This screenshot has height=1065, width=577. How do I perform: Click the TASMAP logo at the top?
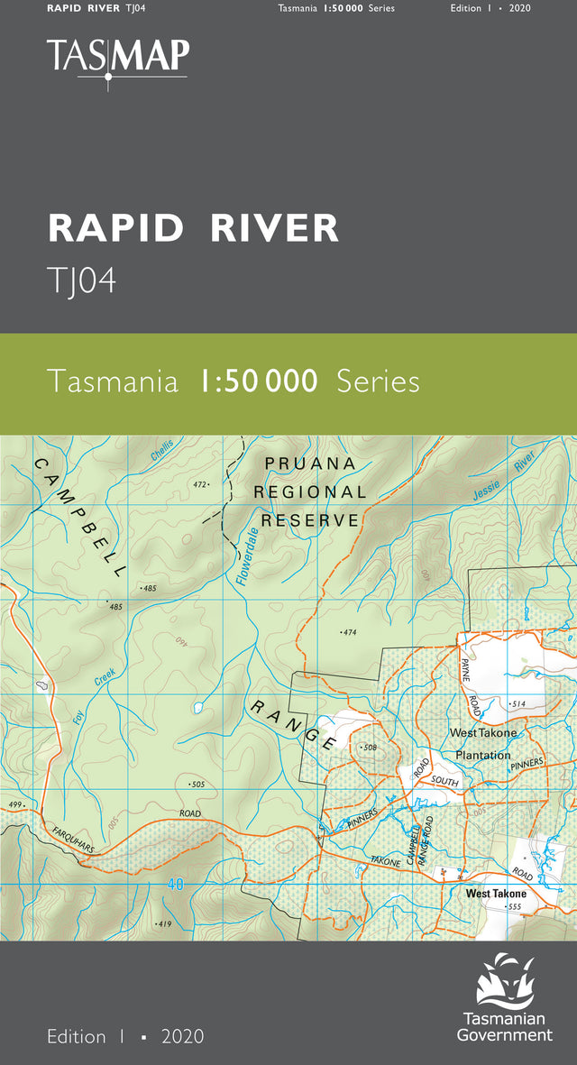click(117, 58)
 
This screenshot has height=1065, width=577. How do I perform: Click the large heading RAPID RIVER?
click(193, 228)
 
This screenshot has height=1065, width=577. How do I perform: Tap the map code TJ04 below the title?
click(81, 281)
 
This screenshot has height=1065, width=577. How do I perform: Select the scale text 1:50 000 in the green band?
click(257, 381)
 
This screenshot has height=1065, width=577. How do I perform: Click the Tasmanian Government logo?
click(504, 997)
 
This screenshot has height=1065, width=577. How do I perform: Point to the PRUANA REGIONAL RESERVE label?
click(310, 491)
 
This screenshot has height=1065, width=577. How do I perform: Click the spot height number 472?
click(200, 484)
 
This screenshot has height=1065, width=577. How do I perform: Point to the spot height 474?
click(350, 632)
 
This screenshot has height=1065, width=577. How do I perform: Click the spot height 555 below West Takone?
click(515, 906)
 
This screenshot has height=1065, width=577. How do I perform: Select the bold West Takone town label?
click(496, 894)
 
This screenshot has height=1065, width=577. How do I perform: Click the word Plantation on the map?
click(482, 755)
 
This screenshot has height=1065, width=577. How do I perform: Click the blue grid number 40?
click(175, 885)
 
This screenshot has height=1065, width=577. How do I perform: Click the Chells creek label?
click(162, 450)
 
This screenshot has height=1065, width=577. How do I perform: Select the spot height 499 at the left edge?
click(14, 804)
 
